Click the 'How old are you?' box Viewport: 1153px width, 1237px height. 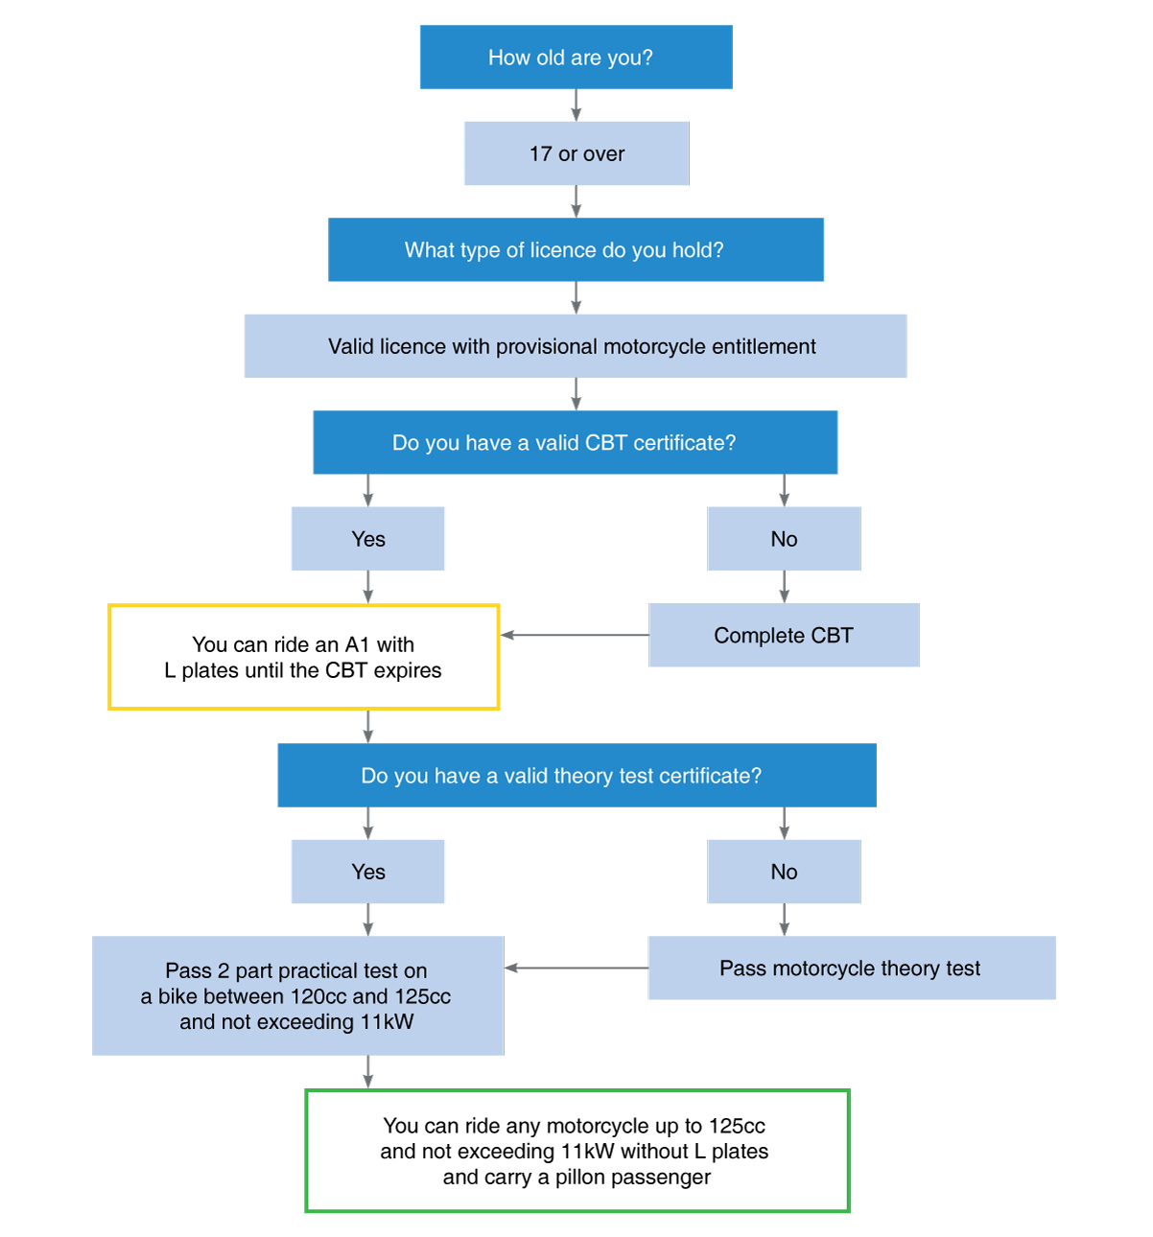tap(576, 57)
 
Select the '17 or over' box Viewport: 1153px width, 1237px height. tap(576, 153)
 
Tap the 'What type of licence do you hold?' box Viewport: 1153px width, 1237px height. tap(576, 249)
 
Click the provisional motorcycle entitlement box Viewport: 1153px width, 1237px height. tap(576, 345)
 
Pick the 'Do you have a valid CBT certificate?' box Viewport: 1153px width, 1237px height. tap(575, 442)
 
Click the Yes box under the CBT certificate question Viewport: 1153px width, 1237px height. tap(367, 538)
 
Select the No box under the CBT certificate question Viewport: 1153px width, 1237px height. tap(784, 538)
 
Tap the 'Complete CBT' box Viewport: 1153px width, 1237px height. tap(784, 635)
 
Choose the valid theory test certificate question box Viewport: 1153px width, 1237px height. tap(576, 775)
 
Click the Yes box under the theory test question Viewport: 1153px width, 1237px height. tap(367, 872)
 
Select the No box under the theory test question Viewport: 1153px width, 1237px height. tap(784, 872)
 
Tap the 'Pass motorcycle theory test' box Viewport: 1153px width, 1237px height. tap(852, 968)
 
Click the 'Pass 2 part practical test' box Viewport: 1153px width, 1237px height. tap(298, 995)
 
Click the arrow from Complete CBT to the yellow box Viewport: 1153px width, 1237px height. tap(575, 635)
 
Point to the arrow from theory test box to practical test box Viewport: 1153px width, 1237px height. tap(576, 968)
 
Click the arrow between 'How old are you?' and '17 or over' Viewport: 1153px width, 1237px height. tap(576, 105)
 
